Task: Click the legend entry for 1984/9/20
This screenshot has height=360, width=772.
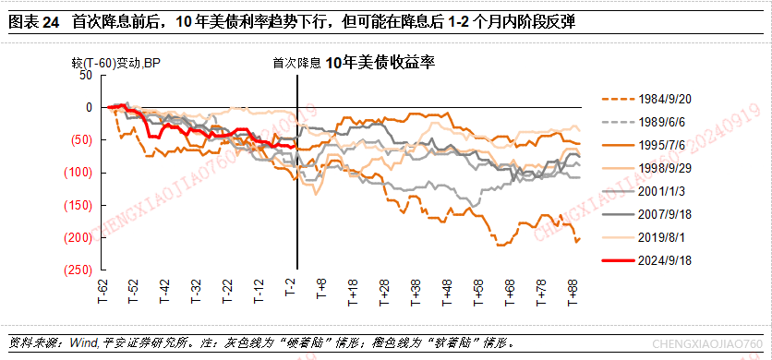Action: coord(646,99)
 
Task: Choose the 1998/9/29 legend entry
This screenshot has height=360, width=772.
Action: coord(646,168)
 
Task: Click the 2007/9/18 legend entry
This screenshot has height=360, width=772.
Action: coord(646,215)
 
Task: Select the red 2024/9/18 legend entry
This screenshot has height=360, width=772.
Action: coord(646,261)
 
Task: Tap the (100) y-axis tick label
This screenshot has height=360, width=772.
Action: coord(79,173)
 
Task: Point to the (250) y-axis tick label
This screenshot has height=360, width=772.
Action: coord(79,270)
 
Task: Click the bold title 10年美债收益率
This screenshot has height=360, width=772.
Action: coord(380,62)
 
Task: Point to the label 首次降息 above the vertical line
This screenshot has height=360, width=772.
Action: coord(297,63)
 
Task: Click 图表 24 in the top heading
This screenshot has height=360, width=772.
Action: coord(34,22)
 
